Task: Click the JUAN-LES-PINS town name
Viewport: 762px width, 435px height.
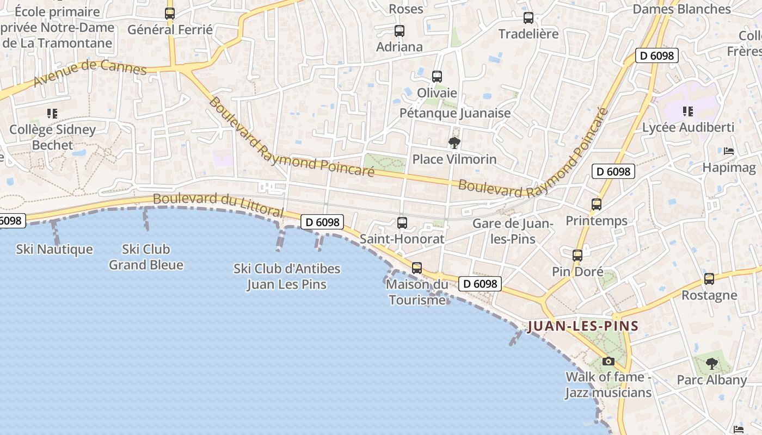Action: point(583,326)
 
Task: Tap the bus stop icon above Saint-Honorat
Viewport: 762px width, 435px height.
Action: point(402,222)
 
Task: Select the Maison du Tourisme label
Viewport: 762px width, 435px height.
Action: point(417,292)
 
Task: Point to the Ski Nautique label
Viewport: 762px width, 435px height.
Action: point(54,250)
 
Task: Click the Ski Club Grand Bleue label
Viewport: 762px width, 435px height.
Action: point(146,257)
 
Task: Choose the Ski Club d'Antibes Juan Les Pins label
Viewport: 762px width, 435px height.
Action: point(287,276)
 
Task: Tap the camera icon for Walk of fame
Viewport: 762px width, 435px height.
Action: point(608,361)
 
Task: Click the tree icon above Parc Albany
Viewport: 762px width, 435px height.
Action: point(711,363)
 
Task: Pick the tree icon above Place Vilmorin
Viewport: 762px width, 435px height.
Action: point(454,143)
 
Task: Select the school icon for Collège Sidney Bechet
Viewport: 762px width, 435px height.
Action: point(52,114)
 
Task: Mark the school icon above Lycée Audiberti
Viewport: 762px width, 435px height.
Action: point(688,111)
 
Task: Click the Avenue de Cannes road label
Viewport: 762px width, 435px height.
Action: point(90,73)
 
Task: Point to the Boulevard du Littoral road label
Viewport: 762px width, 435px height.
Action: point(218,203)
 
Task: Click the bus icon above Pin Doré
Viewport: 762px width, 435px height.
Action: point(577,255)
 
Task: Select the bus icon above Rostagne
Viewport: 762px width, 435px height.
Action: point(709,279)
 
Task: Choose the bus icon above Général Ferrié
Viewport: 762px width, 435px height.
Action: point(170,14)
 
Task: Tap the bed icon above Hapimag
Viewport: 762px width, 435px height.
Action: point(729,151)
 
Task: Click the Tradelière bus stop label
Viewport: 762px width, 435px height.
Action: point(529,34)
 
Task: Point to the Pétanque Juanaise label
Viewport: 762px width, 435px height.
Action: point(455,113)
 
